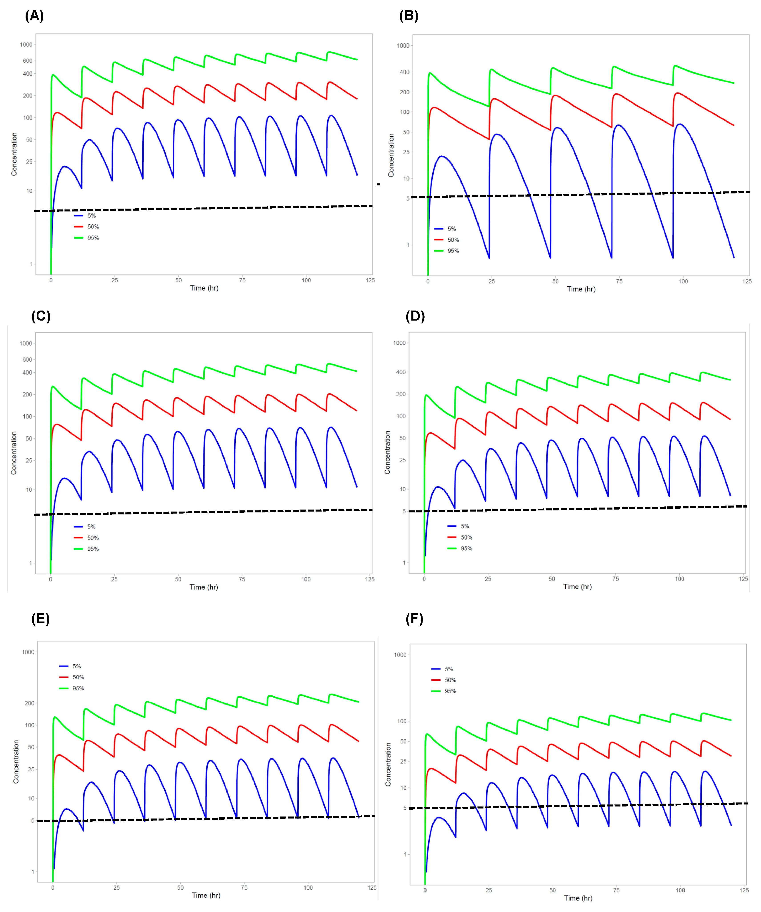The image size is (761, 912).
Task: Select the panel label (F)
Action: click(x=414, y=619)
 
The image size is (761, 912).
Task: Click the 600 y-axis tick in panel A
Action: click(x=27, y=61)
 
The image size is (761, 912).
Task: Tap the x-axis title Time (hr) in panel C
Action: click(x=203, y=587)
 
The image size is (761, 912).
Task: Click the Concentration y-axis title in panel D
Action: click(x=387, y=452)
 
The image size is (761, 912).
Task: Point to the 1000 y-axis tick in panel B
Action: click(x=403, y=46)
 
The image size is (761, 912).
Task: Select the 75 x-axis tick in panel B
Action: click(x=619, y=281)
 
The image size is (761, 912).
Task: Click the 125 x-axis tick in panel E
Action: click(x=372, y=888)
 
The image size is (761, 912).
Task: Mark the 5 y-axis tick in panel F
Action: click(x=405, y=808)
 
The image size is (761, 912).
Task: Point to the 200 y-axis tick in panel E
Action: click(x=30, y=703)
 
